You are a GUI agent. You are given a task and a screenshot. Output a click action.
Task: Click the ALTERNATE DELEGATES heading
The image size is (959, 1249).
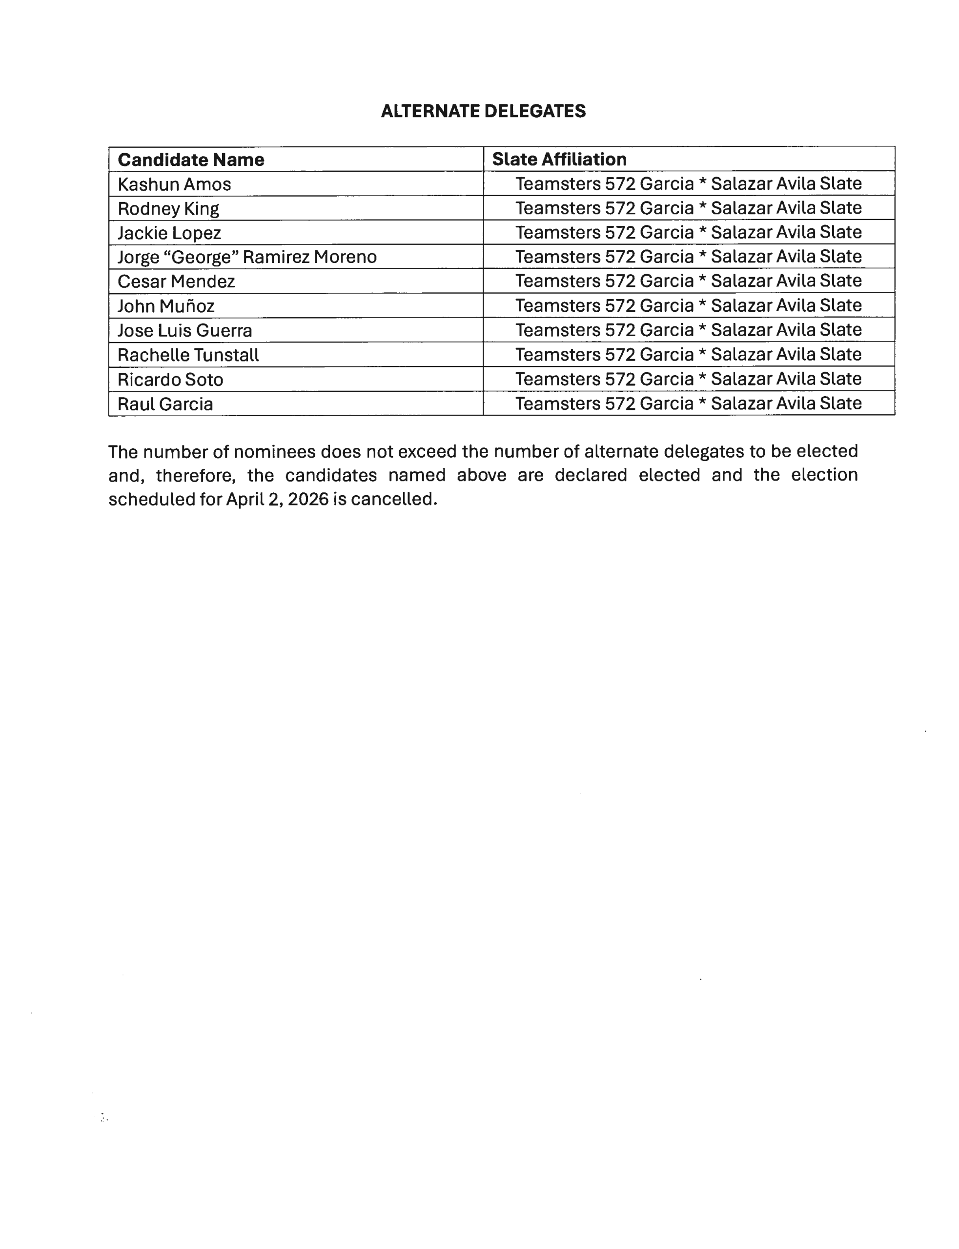483,111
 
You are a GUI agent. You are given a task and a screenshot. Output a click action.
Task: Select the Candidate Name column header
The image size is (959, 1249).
191,160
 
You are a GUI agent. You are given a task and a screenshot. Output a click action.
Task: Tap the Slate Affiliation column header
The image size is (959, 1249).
559,159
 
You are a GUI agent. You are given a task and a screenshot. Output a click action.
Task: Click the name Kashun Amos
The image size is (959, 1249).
174,184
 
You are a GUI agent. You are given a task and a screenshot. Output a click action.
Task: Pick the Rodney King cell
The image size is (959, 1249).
168,209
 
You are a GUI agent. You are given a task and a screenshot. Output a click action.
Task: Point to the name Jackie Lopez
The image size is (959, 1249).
169,233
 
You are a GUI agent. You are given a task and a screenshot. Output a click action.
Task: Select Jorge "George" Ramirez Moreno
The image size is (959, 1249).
246,257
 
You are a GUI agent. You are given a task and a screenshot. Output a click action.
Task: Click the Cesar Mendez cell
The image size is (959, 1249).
176,282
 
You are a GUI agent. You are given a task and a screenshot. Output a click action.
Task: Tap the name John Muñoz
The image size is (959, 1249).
165,306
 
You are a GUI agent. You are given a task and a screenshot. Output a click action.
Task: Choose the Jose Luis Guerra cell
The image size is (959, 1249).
184,331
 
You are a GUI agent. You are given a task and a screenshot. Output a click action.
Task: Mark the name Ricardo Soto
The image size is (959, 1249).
170,380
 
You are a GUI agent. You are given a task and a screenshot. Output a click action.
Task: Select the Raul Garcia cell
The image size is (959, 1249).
165,404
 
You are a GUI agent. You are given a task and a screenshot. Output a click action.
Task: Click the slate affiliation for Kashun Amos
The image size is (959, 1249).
688,184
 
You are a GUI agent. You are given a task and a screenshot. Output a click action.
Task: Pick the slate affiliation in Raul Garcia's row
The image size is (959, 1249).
688,404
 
